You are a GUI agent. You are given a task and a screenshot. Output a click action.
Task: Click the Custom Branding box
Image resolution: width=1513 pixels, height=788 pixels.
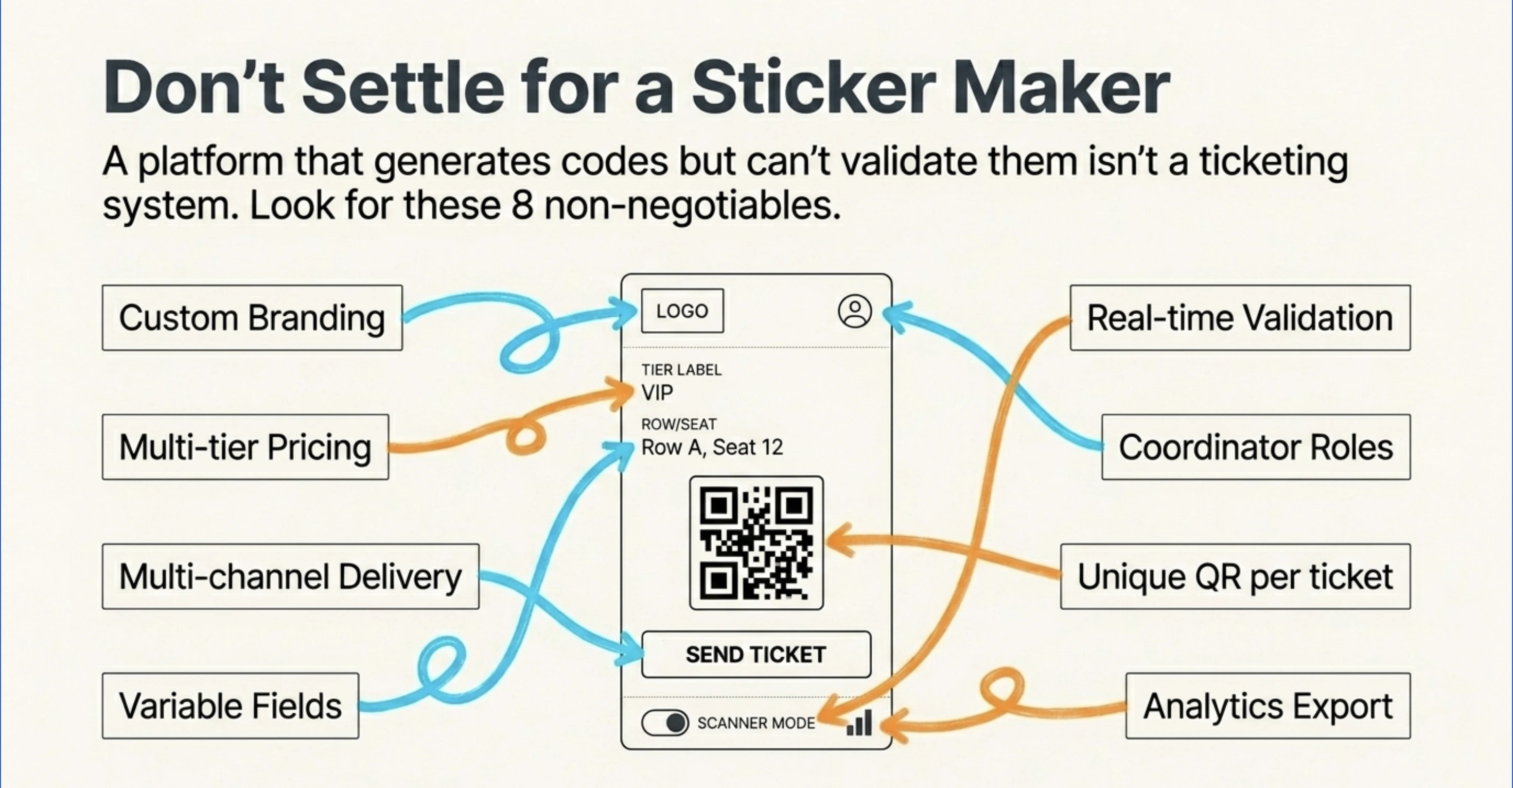click(x=252, y=318)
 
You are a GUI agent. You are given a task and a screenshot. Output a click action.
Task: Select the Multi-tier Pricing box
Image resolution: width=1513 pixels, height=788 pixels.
click(x=245, y=447)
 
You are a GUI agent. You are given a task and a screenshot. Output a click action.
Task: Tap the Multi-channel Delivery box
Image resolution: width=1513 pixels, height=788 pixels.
click(x=291, y=576)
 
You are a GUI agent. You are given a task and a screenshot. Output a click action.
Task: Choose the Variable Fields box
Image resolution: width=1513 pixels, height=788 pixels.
click(x=230, y=706)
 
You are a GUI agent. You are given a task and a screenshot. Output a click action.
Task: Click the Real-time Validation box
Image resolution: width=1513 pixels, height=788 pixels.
click(x=1240, y=318)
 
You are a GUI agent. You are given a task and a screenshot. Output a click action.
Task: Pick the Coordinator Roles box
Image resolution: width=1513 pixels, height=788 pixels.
click(x=1256, y=447)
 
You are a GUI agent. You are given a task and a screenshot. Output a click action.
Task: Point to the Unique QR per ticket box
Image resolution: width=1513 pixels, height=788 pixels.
click(x=1235, y=576)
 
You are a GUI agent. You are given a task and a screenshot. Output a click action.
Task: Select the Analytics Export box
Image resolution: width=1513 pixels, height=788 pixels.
click(x=1268, y=706)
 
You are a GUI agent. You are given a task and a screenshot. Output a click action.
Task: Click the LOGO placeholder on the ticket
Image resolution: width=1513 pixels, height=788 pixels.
click(x=682, y=311)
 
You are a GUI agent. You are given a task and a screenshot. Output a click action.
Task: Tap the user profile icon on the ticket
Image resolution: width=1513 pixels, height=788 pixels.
click(x=855, y=311)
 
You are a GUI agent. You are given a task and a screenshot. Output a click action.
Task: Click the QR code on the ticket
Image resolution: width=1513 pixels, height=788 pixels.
click(x=756, y=543)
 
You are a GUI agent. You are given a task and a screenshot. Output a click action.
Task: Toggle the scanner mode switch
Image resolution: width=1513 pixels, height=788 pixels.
click(x=665, y=723)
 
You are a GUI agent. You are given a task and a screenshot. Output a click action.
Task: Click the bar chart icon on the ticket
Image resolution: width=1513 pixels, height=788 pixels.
click(x=859, y=723)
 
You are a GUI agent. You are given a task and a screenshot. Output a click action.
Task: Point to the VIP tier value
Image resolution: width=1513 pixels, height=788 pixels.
click(x=657, y=392)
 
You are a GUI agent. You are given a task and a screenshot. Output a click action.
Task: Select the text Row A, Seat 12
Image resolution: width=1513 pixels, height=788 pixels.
click(x=712, y=447)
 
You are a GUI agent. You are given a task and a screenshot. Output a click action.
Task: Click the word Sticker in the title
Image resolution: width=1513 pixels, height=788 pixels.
click(x=814, y=88)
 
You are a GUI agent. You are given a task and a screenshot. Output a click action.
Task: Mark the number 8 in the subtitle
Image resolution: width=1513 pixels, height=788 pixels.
click(x=522, y=205)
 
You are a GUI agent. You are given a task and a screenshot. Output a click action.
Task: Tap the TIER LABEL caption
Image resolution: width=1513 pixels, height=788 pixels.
click(x=681, y=370)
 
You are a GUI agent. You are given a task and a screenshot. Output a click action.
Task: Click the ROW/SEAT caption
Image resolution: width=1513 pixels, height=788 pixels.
click(x=679, y=424)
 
